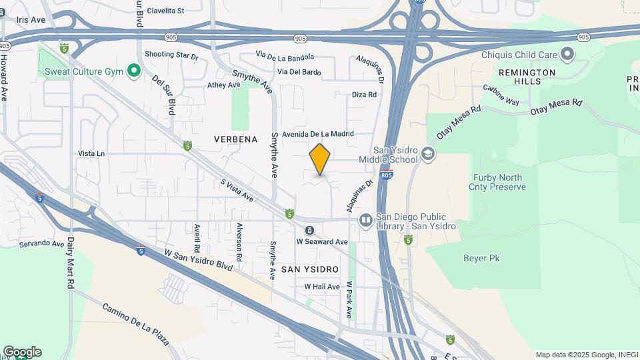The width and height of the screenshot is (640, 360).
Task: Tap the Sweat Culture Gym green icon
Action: (x=133, y=69)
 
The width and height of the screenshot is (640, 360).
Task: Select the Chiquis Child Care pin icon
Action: (x=567, y=53)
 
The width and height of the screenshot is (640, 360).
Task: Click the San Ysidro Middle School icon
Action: (x=427, y=155)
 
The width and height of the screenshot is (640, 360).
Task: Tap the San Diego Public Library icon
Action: (x=365, y=220)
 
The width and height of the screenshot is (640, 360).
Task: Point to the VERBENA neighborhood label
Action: (x=235, y=139)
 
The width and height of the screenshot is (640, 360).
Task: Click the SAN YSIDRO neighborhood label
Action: (x=309, y=269)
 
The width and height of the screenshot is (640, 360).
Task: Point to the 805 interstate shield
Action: (x=387, y=174)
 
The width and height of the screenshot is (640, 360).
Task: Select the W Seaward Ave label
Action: (x=323, y=241)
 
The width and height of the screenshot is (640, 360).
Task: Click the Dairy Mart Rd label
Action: (x=70, y=263)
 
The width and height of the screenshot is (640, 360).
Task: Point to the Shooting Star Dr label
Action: (x=171, y=55)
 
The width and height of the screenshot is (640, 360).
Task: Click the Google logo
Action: (x=21, y=352)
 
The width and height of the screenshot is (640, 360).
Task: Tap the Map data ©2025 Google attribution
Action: (x=585, y=354)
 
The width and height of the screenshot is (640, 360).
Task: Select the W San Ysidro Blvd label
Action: (x=198, y=261)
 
